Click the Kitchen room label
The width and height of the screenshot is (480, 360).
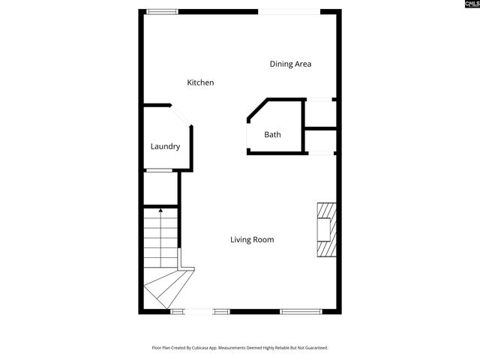point(200,82)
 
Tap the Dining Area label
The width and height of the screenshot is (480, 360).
point(290,64)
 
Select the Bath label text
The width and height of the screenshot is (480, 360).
point(272,135)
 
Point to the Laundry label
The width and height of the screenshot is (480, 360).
point(165,146)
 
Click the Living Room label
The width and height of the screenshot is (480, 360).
point(251,240)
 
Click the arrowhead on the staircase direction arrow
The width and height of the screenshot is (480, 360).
point(160,212)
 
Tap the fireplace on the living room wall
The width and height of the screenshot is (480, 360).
point(326,229)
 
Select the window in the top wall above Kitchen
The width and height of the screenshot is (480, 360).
point(162,11)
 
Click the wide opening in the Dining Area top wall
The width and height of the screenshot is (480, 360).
point(289,11)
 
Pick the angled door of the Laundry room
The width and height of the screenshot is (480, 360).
point(182,117)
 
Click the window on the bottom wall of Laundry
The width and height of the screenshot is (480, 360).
point(160,170)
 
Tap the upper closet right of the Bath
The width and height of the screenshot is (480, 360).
point(319,113)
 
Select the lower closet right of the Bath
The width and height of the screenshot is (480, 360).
point(320,141)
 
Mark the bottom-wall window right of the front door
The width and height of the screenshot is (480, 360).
point(301,311)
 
